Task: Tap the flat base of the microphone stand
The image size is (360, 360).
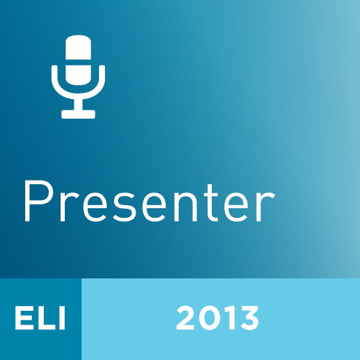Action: pos(78,115)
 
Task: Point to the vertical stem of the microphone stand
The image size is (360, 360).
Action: pos(78,104)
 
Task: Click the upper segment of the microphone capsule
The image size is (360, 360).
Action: pos(78,47)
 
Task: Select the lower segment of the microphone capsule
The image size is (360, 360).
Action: pos(78,75)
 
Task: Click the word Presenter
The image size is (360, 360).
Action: pos(149,202)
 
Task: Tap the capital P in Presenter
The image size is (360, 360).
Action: pos(39,201)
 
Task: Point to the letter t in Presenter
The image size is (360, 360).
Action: pos(212,203)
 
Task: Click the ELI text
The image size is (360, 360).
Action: pos(40,318)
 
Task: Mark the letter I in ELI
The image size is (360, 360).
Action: pos(62,318)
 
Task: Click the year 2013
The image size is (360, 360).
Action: pos(217,318)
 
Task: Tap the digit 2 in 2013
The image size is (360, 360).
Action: pos(185,318)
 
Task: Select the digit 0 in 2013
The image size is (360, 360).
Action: pos(210,318)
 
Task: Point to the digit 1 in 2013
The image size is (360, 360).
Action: pos(230,318)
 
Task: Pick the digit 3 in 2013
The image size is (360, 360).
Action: pos(250,318)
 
